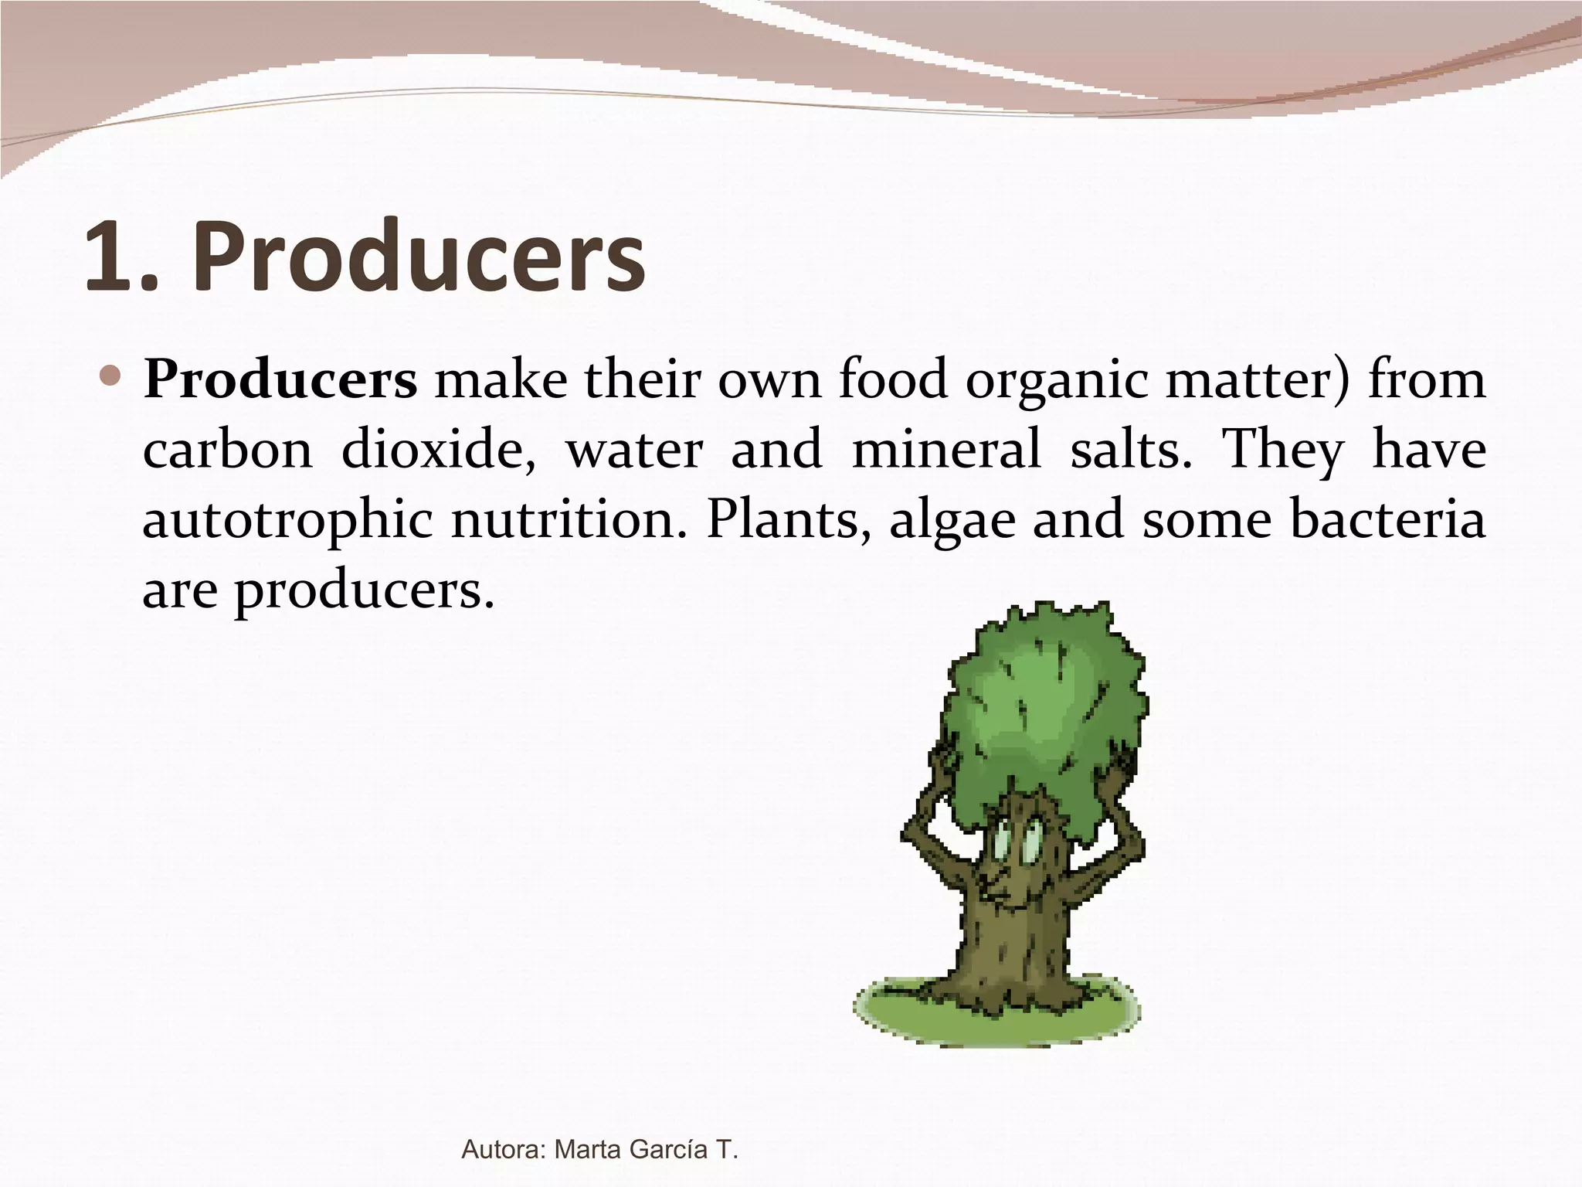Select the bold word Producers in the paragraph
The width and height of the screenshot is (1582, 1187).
pos(280,380)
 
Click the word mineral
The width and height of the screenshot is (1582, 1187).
pos(946,450)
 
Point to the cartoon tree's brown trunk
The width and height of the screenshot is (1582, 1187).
pos(1012,951)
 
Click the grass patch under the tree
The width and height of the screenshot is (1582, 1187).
pos(896,1012)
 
